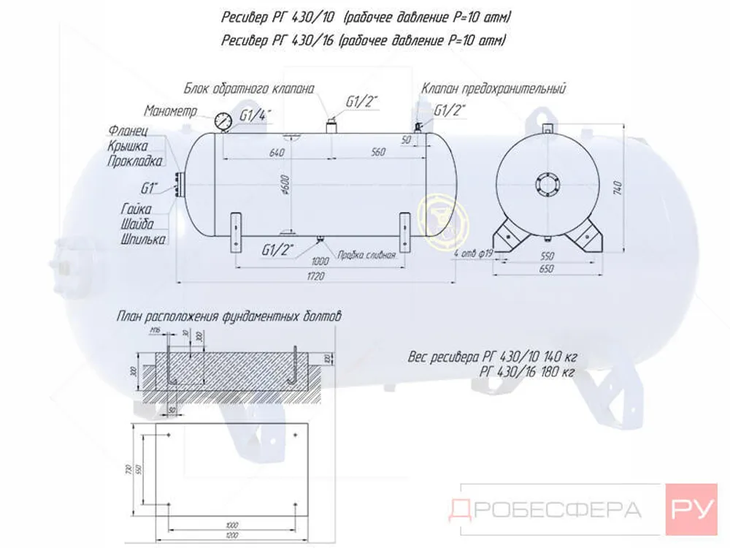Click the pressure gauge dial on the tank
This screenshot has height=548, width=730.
[223, 122]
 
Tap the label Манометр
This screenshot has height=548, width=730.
[171, 111]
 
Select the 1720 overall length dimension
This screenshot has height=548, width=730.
[315, 276]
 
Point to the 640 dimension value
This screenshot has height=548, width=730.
[276, 153]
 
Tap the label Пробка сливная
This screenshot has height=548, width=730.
[366, 255]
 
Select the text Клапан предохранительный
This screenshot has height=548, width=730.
[494, 89]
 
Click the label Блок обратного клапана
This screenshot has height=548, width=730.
[249, 89]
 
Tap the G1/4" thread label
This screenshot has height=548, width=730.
[255, 116]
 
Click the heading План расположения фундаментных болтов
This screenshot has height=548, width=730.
[228, 318]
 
